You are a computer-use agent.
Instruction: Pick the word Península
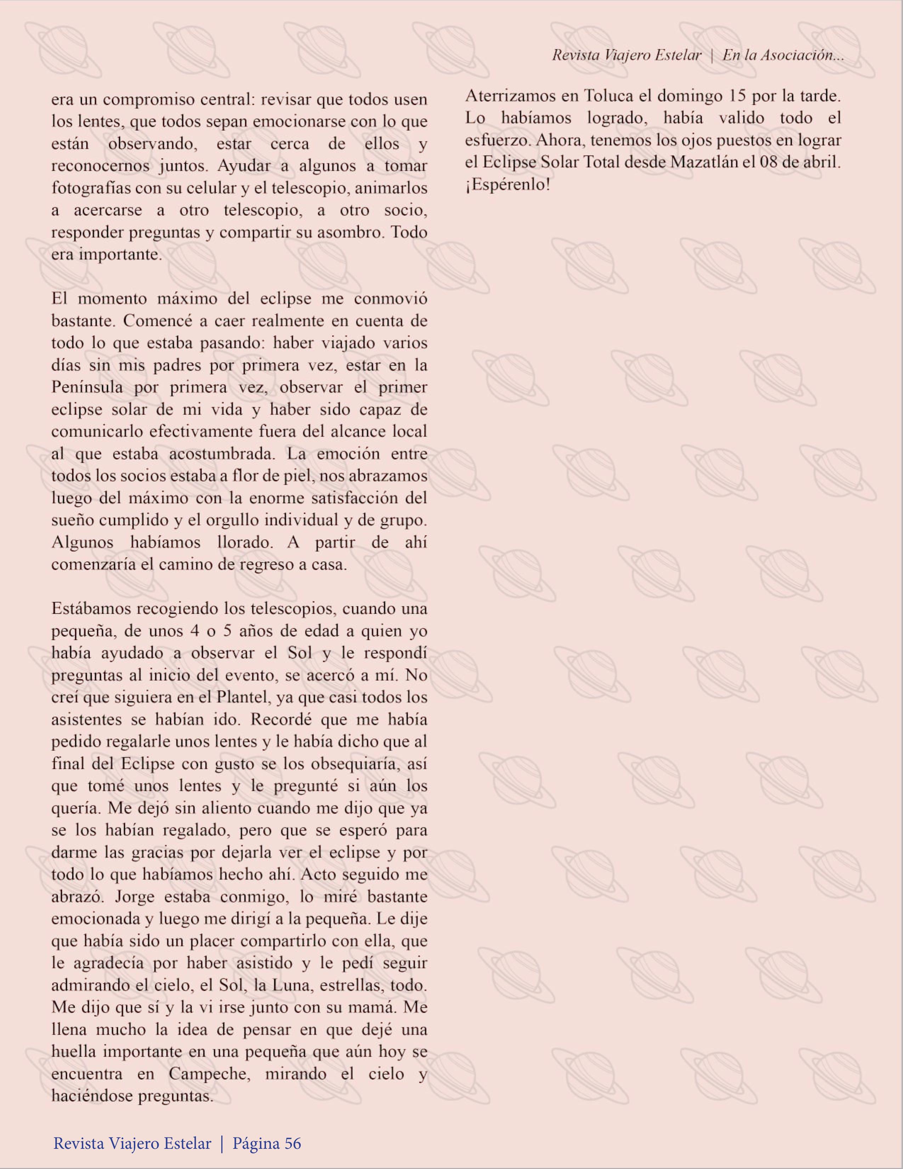click(87, 387)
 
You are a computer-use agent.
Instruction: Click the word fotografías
click(91, 188)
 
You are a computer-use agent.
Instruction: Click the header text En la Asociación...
click(783, 55)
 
